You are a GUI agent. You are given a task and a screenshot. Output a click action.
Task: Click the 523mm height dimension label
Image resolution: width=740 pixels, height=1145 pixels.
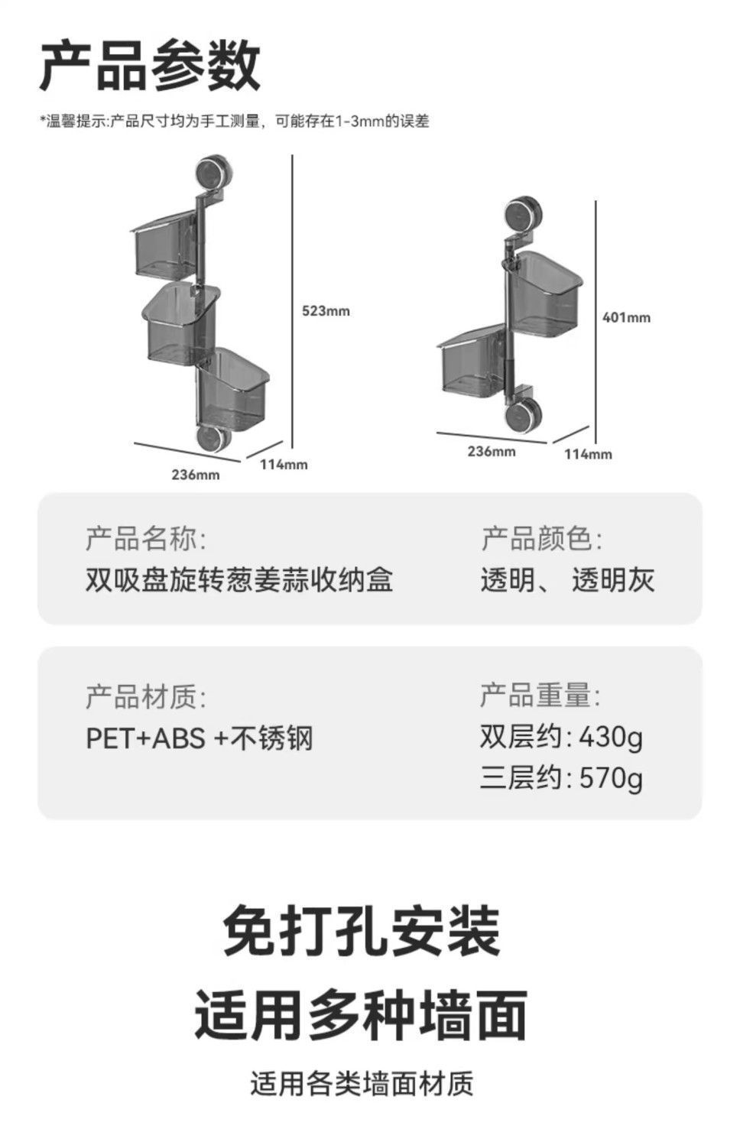[x=326, y=311]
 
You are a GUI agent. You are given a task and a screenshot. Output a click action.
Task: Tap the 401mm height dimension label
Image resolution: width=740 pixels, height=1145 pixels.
[x=626, y=317]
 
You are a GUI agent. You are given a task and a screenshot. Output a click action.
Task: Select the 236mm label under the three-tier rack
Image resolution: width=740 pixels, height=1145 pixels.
[x=195, y=475]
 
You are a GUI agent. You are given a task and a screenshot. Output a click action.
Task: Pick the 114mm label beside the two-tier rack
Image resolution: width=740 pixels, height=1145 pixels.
[x=588, y=454]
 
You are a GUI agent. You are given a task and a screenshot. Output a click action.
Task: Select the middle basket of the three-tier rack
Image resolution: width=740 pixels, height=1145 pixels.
[x=180, y=324]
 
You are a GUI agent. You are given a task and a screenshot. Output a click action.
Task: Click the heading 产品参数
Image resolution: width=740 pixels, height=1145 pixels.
[x=151, y=66]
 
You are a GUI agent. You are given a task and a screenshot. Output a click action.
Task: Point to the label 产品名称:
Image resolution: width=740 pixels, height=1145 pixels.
[x=145, y=539]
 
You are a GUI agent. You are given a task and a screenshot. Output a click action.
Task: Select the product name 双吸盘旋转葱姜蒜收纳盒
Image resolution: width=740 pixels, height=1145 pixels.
[x=239, y=580]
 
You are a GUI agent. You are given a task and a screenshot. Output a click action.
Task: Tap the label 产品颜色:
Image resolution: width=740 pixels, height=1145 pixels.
[x=541, y=539]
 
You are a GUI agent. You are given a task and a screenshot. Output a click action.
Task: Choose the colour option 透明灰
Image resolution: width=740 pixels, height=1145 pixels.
[x=613, y=580]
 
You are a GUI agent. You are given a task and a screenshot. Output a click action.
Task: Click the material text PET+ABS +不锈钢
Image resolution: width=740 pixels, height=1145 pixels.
[x=200, y=738]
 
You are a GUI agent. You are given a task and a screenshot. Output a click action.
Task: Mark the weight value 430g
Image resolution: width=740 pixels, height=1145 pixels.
[x=610, y=738]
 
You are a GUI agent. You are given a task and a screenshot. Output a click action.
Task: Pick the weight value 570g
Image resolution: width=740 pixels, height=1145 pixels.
[x=610, y=778]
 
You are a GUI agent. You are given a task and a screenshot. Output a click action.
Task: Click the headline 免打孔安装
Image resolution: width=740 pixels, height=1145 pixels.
[x=362, y=931]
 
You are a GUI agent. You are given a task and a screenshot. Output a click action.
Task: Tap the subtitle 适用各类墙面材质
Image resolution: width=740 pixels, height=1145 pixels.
[x=362, y=1084]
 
